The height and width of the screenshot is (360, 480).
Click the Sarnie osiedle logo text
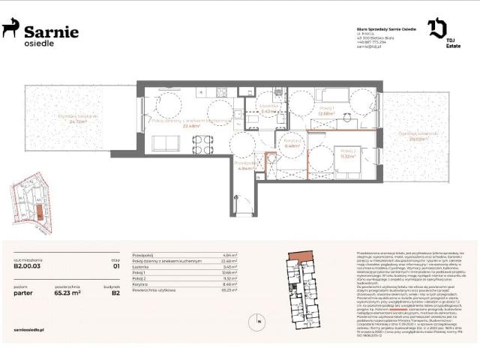50,34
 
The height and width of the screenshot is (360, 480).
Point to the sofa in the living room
165,143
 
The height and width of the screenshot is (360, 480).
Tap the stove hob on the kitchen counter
223,92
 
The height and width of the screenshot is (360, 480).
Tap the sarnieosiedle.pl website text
30,329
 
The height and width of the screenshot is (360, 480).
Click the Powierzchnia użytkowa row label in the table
154,289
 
